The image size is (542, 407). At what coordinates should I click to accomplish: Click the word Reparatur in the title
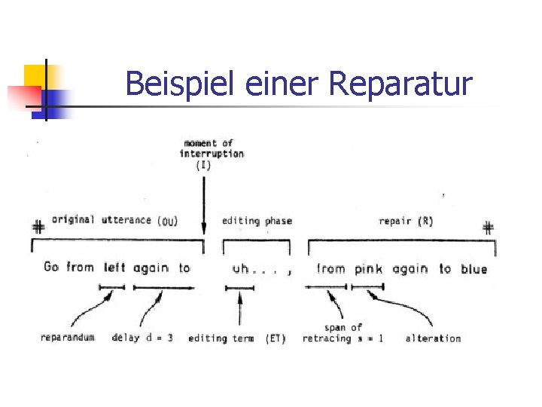coord(400,84)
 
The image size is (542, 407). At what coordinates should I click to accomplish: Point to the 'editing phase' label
coord(257,221)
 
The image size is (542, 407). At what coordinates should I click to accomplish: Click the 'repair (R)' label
coord(406,221)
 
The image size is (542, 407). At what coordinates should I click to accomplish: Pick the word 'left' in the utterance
coord(114,268)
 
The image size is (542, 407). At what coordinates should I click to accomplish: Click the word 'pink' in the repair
coord(369,268)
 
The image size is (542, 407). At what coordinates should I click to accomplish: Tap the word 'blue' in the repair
coord(473,268)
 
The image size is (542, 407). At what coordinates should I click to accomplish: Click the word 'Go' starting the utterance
coord(51,267)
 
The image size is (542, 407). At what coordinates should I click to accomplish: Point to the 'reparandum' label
coord(68,338)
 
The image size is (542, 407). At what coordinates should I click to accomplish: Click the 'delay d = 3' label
coord(142,338)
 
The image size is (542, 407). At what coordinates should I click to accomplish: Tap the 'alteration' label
coord(433,338)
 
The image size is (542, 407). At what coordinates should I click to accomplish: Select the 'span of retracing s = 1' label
coord(343,333)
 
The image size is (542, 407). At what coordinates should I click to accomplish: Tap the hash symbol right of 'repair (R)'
coord(488,227)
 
